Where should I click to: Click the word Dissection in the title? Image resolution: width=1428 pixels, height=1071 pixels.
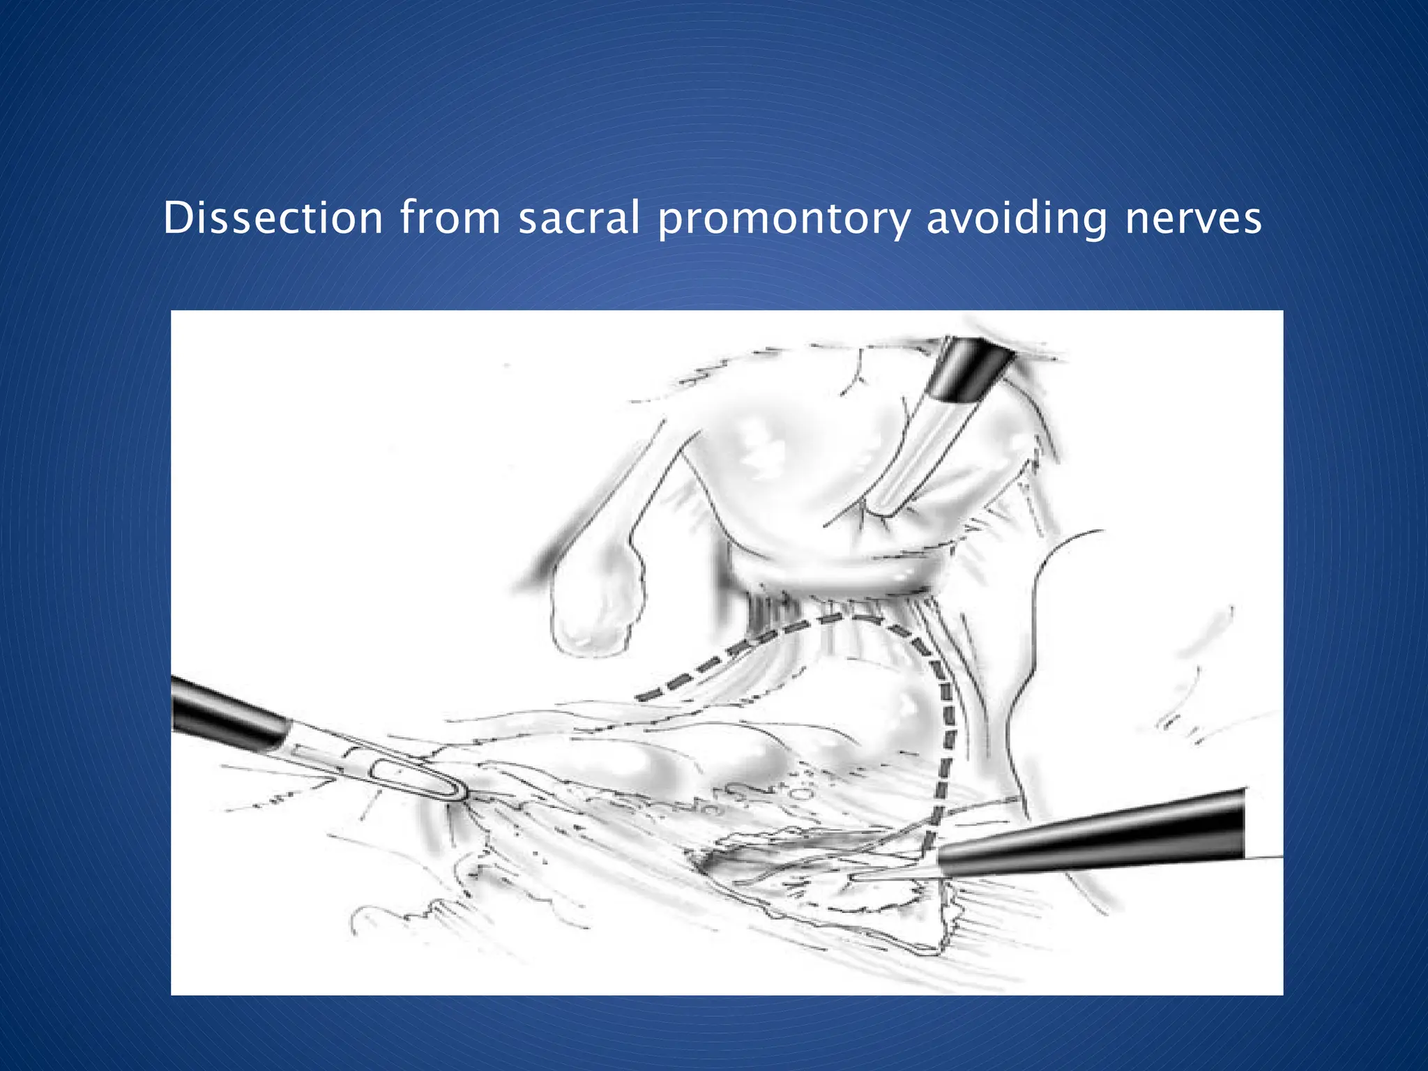tap(273, 218)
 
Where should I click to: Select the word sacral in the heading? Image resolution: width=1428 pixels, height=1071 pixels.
tap(579, 218)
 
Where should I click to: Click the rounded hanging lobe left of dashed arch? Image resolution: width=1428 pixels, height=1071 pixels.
tap(593, 614)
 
